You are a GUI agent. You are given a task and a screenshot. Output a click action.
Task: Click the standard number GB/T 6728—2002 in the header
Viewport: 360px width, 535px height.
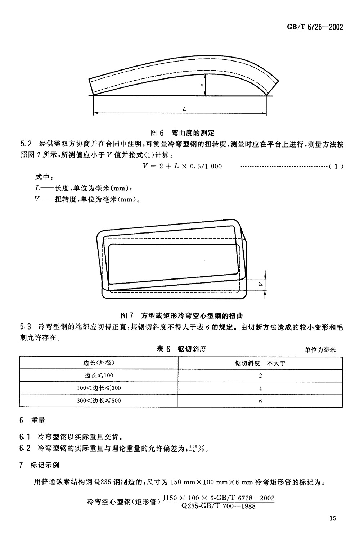[315, 27]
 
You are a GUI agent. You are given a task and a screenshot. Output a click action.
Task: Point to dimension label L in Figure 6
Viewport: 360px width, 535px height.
[184, 109]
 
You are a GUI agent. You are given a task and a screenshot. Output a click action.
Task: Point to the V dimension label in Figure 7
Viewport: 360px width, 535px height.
[260, 284]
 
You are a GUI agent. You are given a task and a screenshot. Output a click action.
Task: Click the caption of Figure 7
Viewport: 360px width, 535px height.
[182, 316]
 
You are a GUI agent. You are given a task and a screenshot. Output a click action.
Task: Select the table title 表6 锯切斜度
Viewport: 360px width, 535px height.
[182, 349]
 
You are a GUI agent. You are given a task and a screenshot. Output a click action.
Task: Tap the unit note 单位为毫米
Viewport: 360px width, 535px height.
[320, 350]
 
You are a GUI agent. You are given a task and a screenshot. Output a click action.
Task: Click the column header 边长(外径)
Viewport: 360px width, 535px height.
[99, 363]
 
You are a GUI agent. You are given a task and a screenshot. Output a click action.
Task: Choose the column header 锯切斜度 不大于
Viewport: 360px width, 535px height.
[260, 363]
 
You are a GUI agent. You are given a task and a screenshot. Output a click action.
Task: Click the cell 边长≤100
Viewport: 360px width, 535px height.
[99, 375]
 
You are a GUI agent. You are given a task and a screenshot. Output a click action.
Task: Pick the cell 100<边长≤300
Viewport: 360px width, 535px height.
[99, 388]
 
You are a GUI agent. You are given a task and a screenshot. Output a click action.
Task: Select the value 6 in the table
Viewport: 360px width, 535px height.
[260, 401]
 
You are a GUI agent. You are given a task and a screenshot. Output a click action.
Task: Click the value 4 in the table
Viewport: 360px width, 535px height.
[260, 389]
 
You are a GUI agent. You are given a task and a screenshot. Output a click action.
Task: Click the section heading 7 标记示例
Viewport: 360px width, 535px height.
[39, 465]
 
